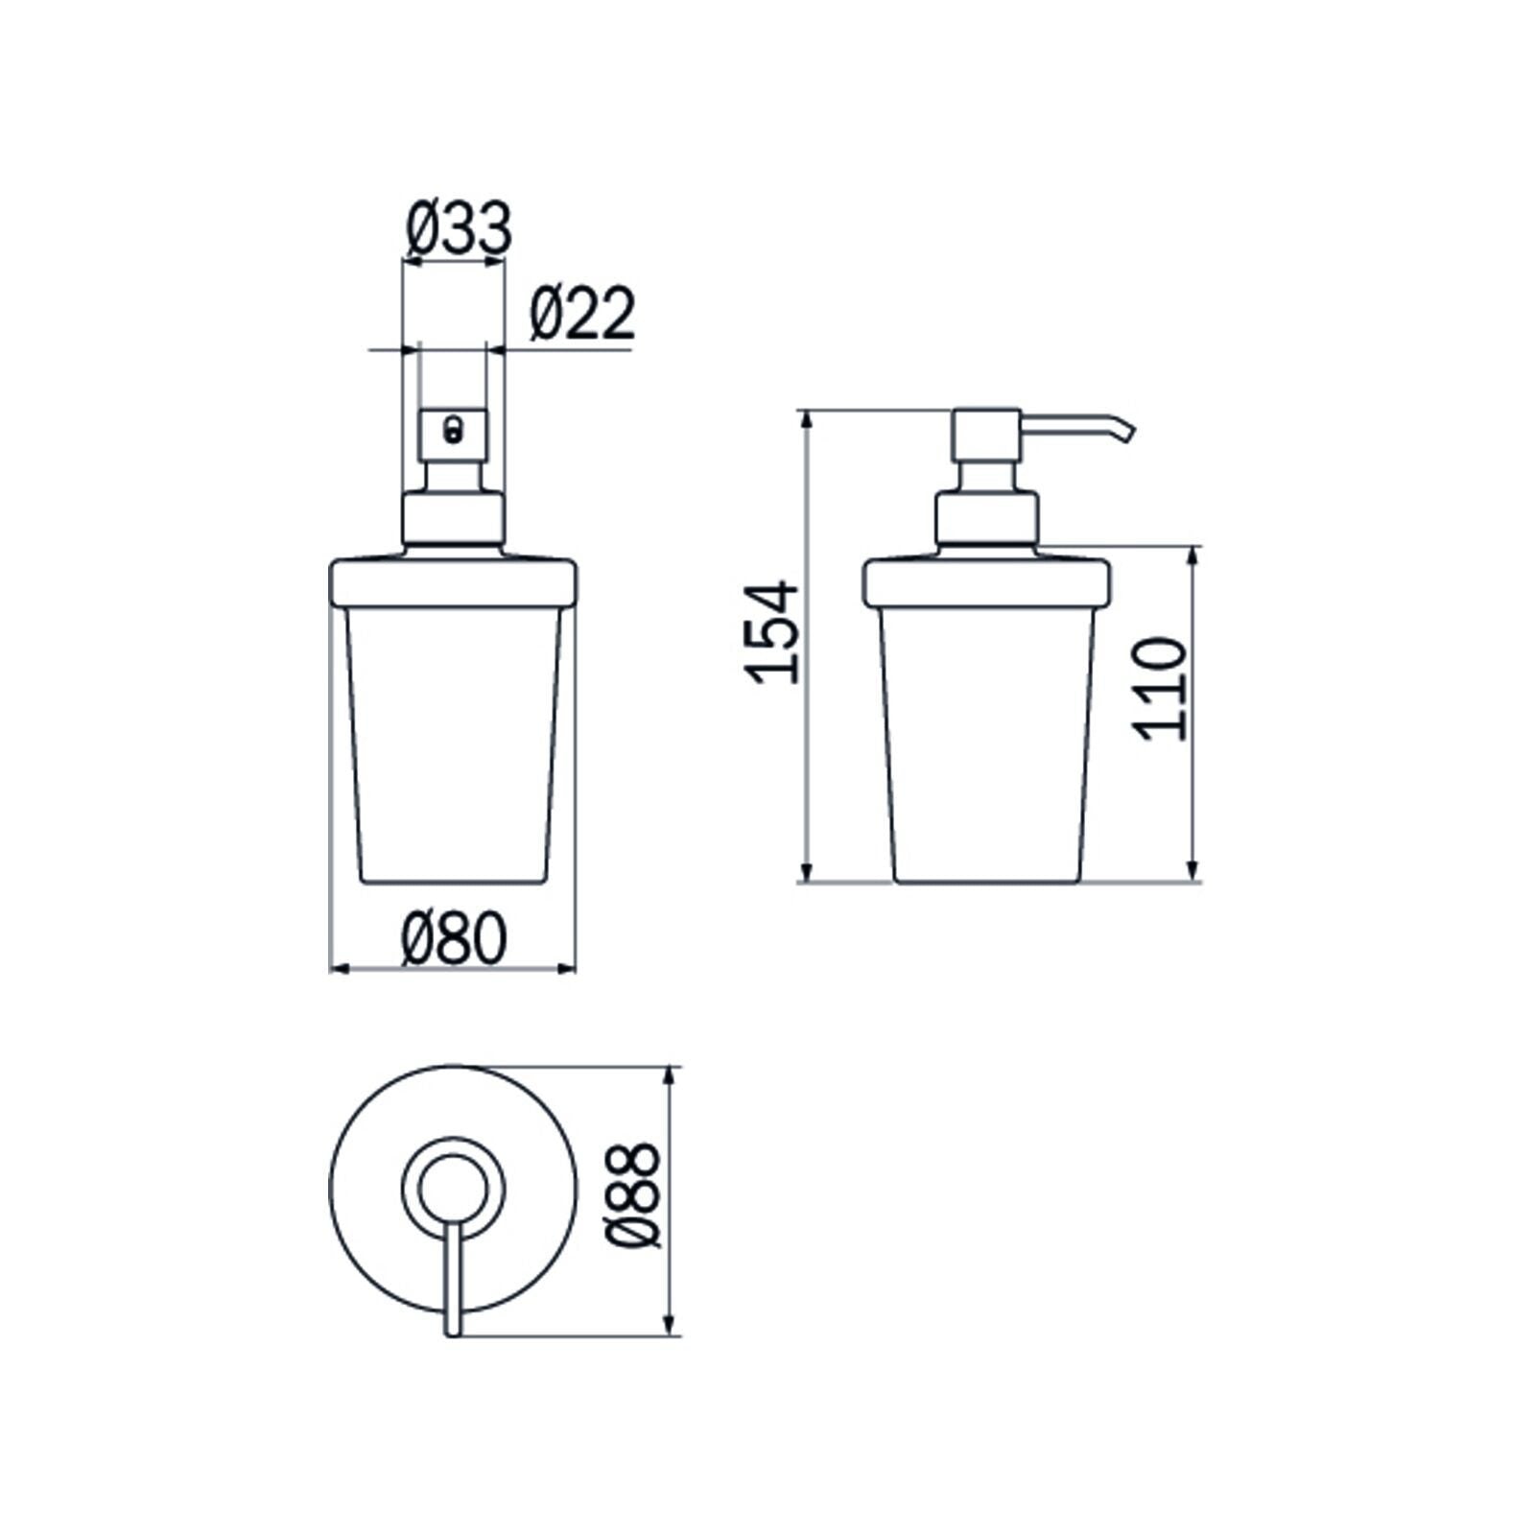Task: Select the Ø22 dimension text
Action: pyautogui.click(x=581, y=314)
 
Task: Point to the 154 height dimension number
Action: pyautogui.click(x=773, y=632)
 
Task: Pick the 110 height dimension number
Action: pyautogui.click(x=1160, y=688)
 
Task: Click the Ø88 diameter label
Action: pyautogui.click(x=635, y=1194)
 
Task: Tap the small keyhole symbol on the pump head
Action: pyautogui.click(x=452, y=428)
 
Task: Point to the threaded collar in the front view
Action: pyautogui.click(x=453, y=518)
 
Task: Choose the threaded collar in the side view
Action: pyautogui.click(x=987, y=518)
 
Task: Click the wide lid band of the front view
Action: pyautogui.click(x=453, y=582)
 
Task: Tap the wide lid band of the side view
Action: pyautogui.click(x=986, y=582)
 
